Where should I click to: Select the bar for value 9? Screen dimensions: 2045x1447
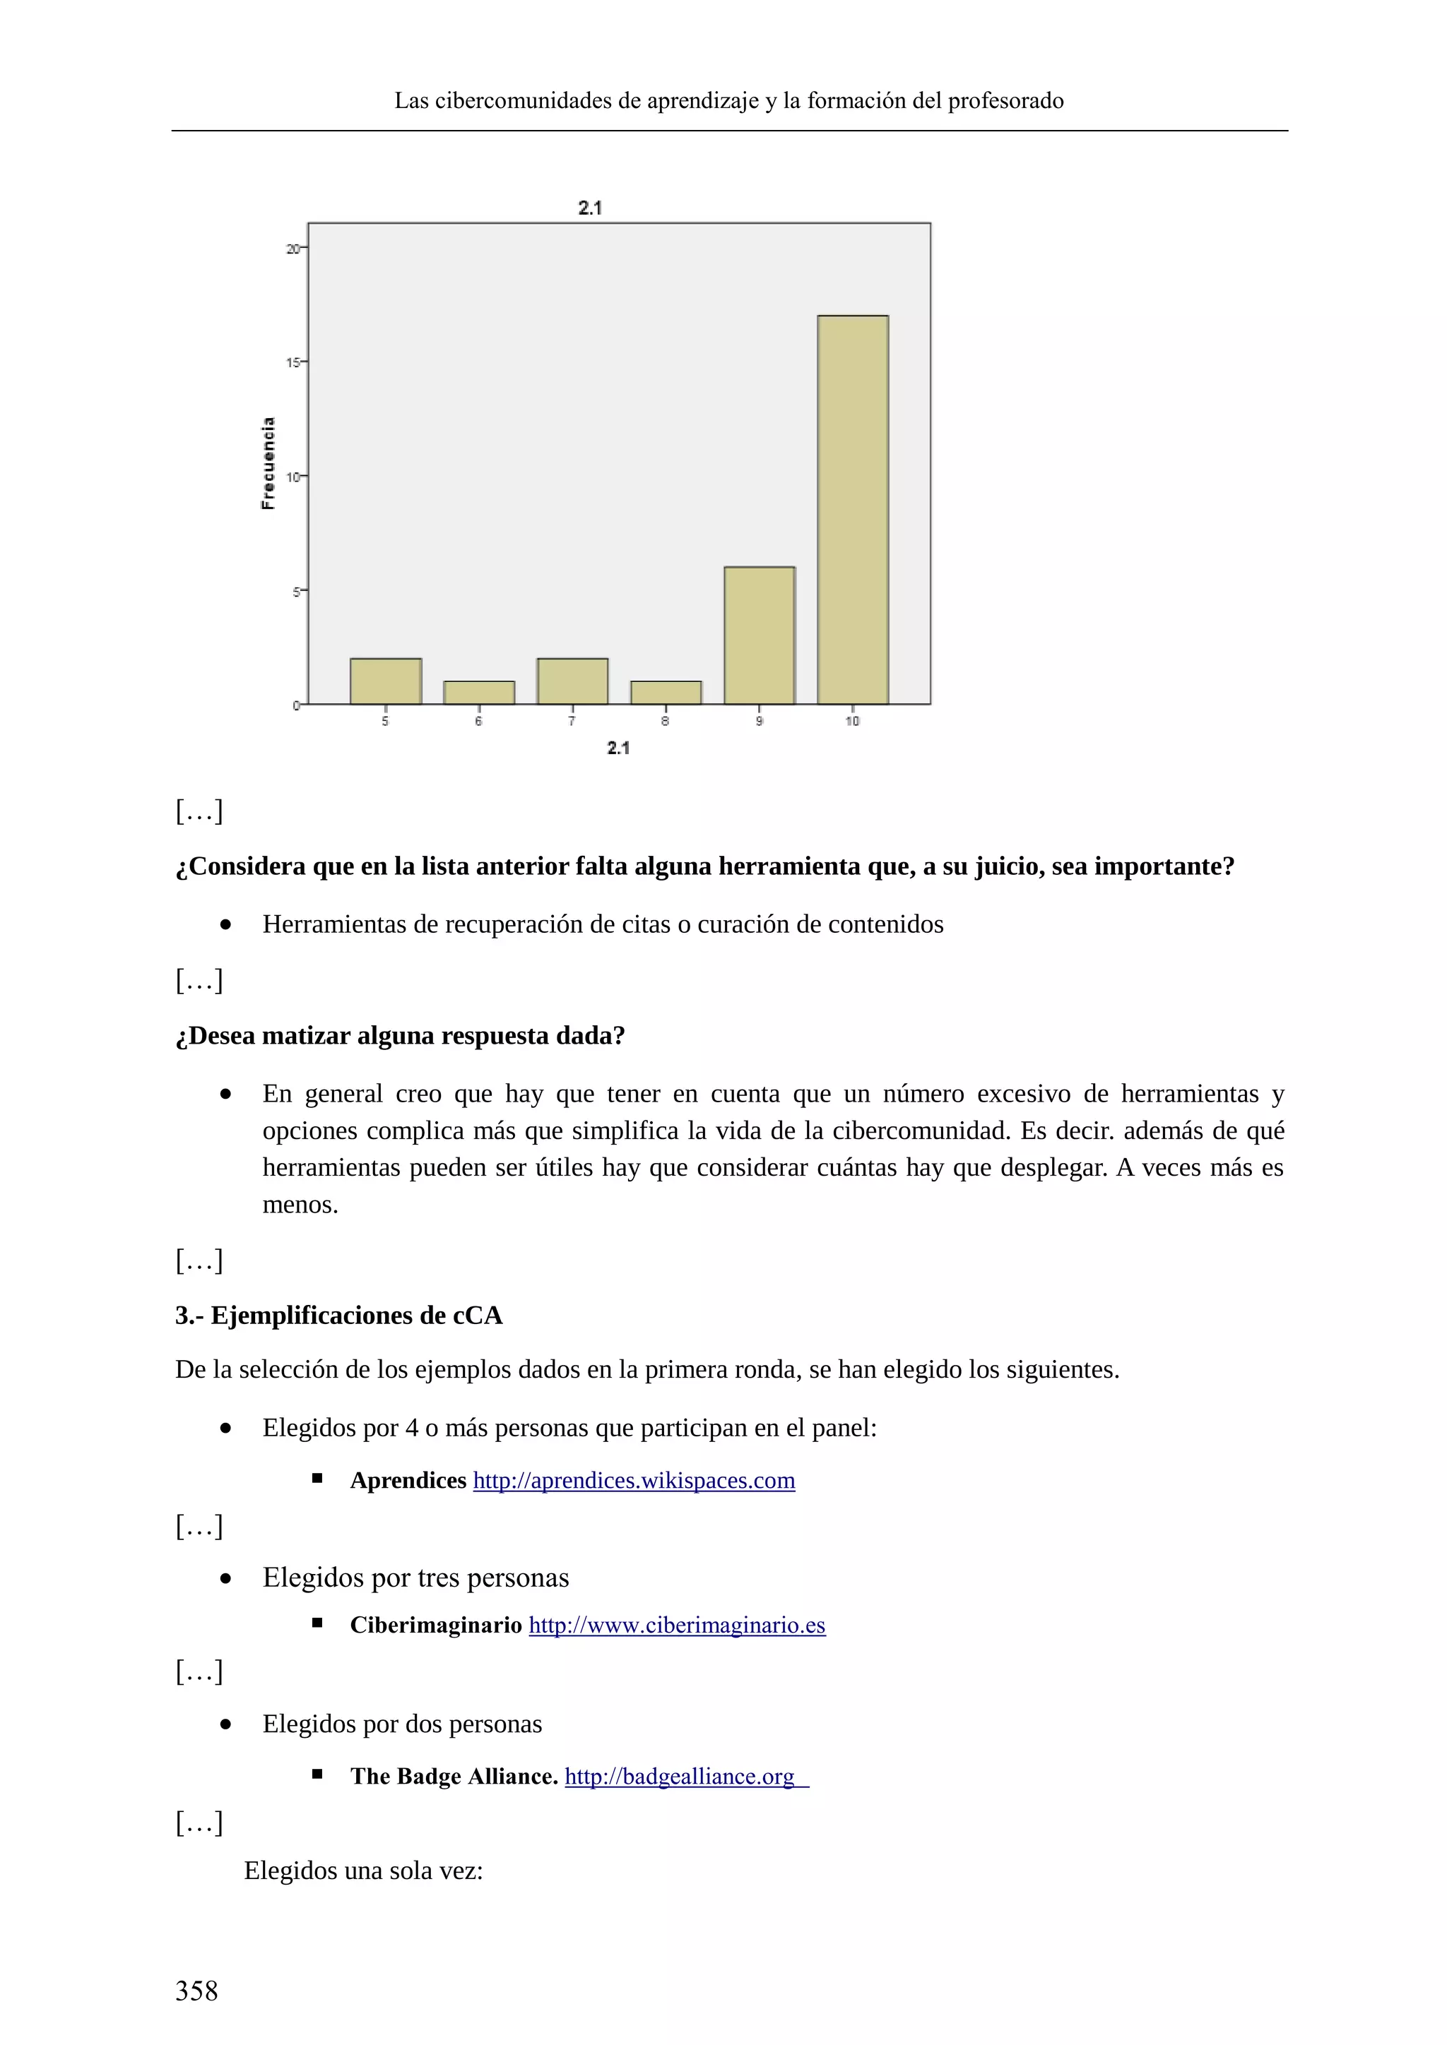click(759, 635)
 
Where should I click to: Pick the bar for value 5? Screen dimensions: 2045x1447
click(386, 681)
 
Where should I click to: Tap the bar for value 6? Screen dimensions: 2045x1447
click(479, 693)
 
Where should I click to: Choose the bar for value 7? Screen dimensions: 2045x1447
click(572, 681)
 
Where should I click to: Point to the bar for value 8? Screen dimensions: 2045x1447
click(666, 693)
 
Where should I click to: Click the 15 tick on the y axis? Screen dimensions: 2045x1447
click(293, 362)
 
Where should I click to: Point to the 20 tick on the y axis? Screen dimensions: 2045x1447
click(293, 249)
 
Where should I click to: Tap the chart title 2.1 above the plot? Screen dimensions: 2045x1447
click(590, 208)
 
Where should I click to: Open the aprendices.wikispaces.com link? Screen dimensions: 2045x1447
click(634, 1480)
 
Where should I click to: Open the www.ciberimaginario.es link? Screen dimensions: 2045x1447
click(677, 1626)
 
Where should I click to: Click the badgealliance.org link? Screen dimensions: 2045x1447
click(680, 1777)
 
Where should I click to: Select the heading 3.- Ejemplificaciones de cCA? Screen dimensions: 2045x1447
click(338, 1316)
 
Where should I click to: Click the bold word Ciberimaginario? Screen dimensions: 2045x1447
click(436, 1626)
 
